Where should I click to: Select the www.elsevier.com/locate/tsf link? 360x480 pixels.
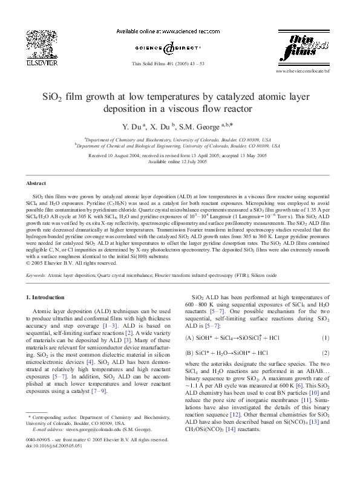(x=303, y=71)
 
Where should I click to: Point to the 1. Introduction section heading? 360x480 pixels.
(x=45, y=297)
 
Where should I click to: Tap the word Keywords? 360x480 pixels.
(x=36, y=274)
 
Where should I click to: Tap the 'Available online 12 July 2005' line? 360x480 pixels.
(x=180, y=162)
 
